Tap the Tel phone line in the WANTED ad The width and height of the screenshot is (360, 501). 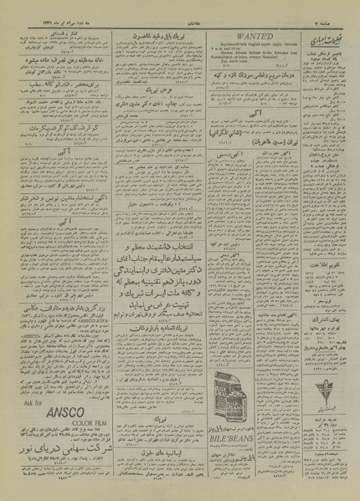point(235,69)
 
